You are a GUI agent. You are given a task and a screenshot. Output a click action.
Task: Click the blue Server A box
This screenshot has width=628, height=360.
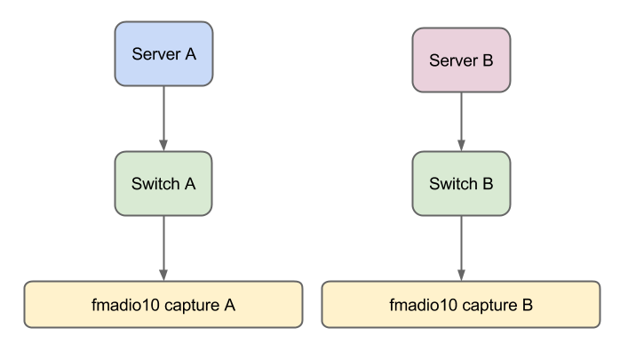163,53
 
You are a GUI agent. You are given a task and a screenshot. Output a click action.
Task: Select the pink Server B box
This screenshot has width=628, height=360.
461,60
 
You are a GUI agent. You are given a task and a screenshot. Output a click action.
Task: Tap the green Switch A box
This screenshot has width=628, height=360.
163,184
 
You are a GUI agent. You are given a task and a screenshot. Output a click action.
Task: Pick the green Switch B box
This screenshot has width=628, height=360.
461,184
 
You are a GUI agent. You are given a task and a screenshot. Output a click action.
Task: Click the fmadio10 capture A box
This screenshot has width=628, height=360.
163,304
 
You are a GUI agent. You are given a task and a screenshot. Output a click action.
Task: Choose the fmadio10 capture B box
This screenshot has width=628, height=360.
461,304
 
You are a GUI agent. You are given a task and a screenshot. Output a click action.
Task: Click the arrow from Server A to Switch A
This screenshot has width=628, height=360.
163,116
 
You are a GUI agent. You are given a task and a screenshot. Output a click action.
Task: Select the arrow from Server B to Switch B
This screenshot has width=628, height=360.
461,120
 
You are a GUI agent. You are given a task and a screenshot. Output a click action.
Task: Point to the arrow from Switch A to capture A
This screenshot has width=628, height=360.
163,244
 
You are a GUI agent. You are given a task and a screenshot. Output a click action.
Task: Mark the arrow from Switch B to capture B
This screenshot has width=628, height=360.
461,244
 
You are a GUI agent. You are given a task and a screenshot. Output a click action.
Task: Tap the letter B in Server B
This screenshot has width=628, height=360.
488,60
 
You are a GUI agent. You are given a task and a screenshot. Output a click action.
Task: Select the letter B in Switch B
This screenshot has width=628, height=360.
488,184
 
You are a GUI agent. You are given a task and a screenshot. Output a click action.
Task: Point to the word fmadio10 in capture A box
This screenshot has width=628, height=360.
121,305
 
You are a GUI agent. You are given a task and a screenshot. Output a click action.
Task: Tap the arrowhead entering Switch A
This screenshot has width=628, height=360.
163,145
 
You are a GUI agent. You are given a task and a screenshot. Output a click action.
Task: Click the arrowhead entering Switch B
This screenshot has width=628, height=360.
461,145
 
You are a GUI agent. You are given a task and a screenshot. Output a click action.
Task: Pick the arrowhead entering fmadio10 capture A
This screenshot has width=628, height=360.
163,275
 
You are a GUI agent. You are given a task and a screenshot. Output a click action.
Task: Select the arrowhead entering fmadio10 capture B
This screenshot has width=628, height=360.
461,275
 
